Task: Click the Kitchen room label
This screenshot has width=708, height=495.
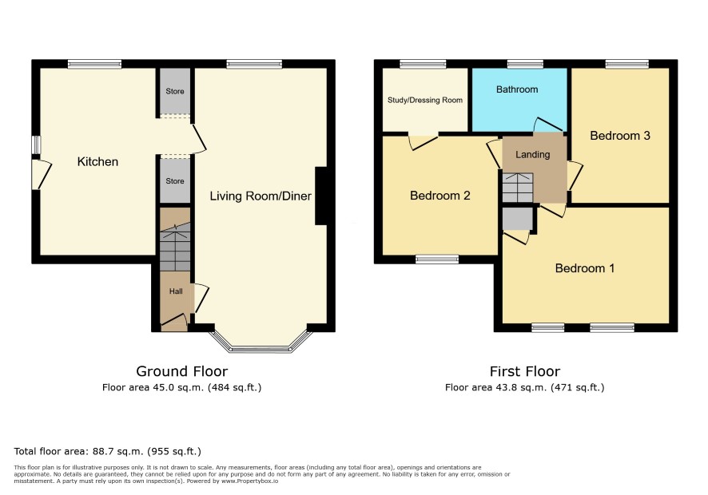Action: (97, 161)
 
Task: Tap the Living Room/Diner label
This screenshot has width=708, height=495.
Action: (261, 196)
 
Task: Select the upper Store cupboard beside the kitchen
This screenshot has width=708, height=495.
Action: (175, 91)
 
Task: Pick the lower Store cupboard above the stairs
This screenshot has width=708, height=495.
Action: (175, 180)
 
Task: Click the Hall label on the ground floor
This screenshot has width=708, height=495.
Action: (176, 291)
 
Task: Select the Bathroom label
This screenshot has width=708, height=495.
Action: (517, 89)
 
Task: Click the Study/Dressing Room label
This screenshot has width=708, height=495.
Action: (425, 100)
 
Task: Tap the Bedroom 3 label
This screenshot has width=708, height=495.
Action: (620, 136)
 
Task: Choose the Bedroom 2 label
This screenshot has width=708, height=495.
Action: (440, 196)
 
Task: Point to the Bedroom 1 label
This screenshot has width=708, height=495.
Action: (585, 268)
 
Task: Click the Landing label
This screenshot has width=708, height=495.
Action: (533, 154)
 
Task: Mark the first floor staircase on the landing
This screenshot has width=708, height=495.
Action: (518, 188)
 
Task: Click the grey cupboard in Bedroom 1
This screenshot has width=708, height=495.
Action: (518, 219)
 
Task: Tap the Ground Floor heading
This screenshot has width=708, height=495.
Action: (182, 371)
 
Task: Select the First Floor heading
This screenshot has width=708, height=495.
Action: (525, 371)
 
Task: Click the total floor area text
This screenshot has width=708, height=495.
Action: (107, 451)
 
